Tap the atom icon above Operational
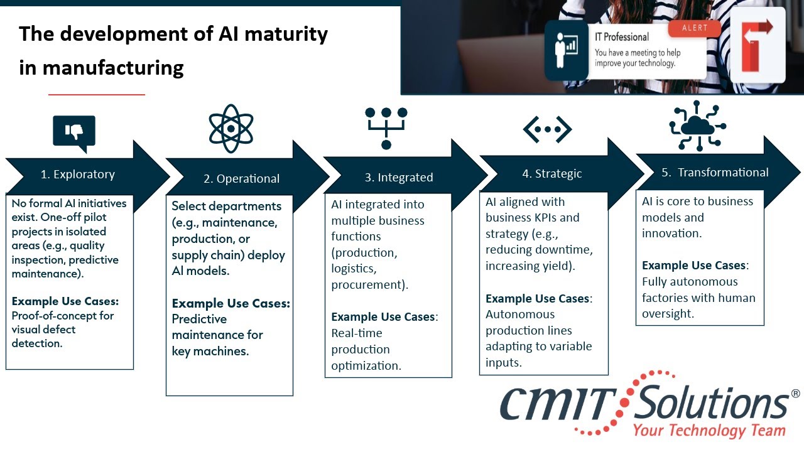click(x=231, y=129)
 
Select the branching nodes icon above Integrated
click(x=386, y=128)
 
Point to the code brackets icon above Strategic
click(x=547, y=129)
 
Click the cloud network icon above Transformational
click(x=698, y=126)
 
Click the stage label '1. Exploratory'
click(x=77, y=175)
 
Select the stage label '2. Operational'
click(x=242, y=179)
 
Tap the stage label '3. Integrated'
click(x=399, y=177)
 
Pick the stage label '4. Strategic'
click(x=552, y=174)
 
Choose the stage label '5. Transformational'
click(x=715, y=173)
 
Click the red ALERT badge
click(x=695, y=28)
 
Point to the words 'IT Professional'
click(x=622, y=37)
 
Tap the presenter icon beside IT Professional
click(x=567, y=50)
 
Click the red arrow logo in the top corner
click(x=758, y=45)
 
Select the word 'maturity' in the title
click(x=286, y=34)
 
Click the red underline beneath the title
click(x=97, y=95)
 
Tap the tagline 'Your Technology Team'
click(x=709, y=431)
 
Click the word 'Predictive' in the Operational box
click(x=199, y=319)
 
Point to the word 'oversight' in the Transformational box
click(x=667, y=314)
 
